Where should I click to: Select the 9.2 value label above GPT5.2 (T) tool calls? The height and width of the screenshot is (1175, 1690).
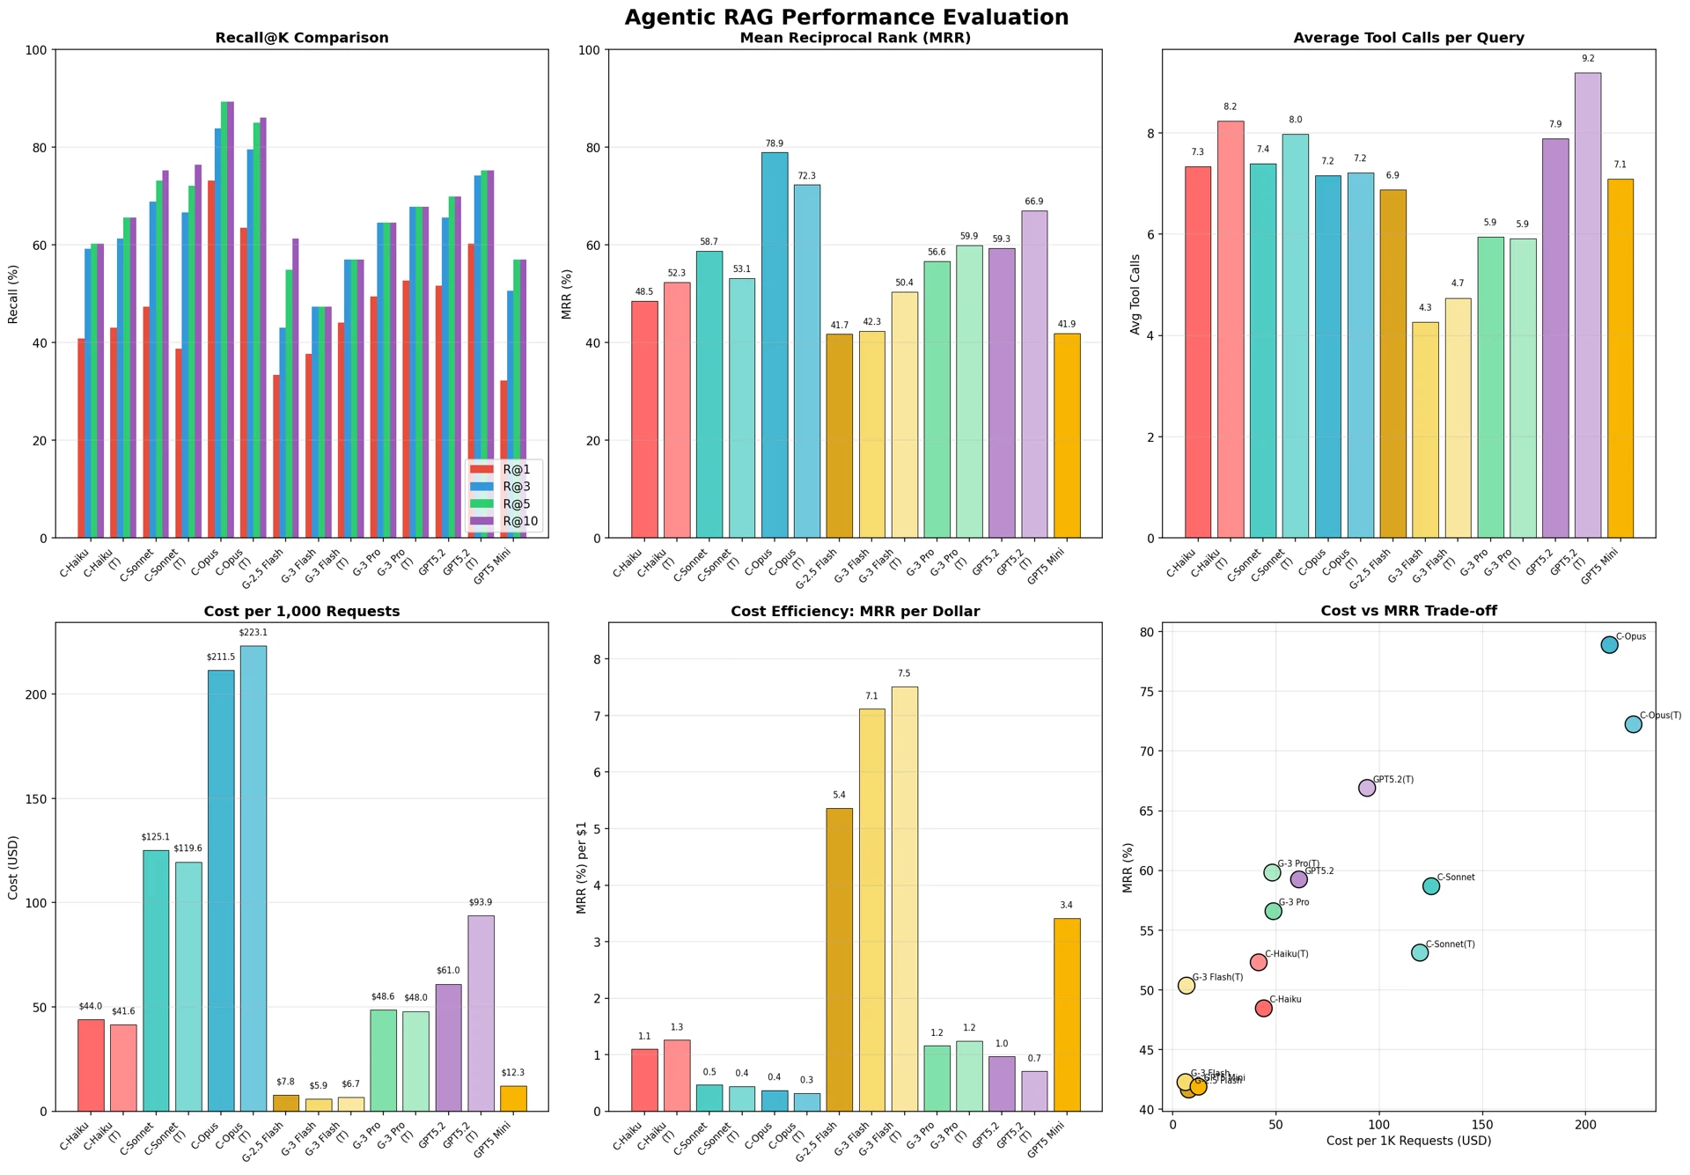[x=1588, y=59]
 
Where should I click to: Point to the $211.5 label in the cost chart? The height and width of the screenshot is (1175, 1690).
[x=221, y=657]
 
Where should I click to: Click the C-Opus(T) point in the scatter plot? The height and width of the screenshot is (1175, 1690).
[x=1633, y=724]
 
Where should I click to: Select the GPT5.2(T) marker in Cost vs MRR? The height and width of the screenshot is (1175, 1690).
[x=1366, y=788]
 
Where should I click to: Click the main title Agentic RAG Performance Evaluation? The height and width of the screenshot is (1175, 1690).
[x=846, y=18]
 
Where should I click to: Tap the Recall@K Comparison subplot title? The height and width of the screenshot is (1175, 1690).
[x=302, y=39]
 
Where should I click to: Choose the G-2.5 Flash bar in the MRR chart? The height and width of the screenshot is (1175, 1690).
[x=840, y=436]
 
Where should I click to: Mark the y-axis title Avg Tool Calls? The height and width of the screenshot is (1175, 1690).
[x=1136, y=294]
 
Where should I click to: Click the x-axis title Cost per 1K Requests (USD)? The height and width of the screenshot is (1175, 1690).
[x=1408, y=1142]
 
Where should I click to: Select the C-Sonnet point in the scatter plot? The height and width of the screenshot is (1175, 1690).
[x=1430, y=886]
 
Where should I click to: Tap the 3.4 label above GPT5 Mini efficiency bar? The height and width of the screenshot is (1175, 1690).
[x=1066, y=906]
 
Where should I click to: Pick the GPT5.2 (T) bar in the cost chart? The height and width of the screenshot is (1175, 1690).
[x=481, y=1013]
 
